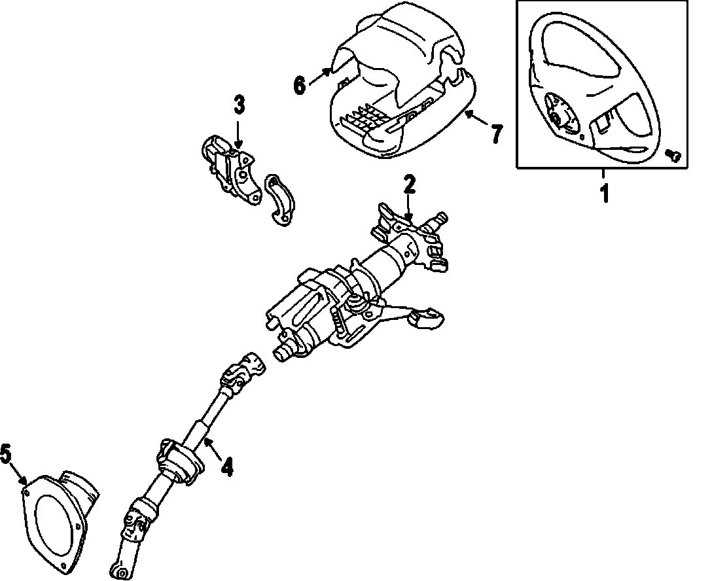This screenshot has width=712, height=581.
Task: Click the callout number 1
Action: tap(605, 193)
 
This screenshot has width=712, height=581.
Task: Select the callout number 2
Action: tap(409, 185)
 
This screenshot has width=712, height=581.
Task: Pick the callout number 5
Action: tap(7, 453)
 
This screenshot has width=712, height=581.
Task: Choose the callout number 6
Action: tap(300, 85)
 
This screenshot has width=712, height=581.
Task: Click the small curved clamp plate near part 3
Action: tap(281, 202)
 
